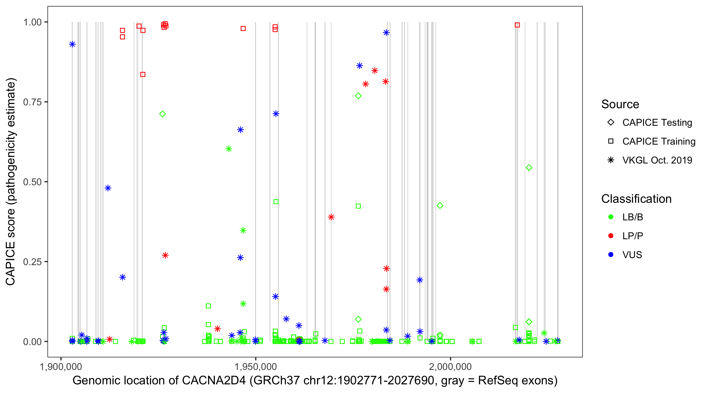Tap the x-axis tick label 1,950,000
click(256, 367)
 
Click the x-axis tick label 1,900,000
click(61, 367)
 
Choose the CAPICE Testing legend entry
click(657, 123)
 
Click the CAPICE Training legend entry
click(658, 141)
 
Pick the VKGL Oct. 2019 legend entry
click(657, 160)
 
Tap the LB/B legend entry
click(632, 217)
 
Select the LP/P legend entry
click(632, 236)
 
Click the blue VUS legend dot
click(611, 255)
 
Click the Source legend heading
click(620, 104)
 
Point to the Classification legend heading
click(636, 199)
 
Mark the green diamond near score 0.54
click(529, 167)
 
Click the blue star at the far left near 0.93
click(72, 44)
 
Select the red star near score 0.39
click(331, 217)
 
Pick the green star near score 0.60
click(229, 149)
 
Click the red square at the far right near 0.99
click(517, 25)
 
